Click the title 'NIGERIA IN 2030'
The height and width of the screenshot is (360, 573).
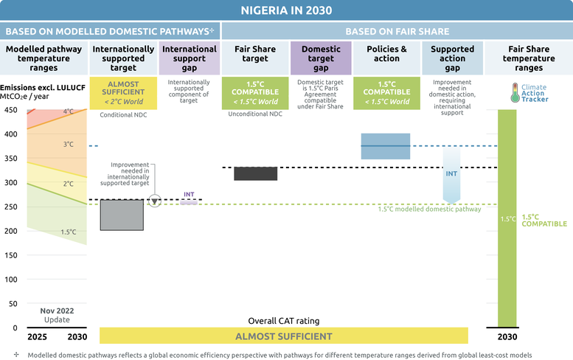[x=286, y=10]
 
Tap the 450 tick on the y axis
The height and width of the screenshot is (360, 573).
[x=10, y=110]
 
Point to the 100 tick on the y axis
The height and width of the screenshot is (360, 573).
[x=10, y=280]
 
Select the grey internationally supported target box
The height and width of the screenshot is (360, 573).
[x=122, y=215]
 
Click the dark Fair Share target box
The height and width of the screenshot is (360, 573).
[x=255, y=173]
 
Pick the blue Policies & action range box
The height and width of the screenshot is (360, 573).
[x=386, y=146]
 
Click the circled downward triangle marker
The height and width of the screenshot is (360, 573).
[x=155, y=201]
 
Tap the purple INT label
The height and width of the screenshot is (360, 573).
[x=189, y=195]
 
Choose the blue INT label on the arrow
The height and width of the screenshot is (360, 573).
[x=451, y=173]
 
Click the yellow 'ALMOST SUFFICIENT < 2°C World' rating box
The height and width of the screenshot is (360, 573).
[x=123, y=93]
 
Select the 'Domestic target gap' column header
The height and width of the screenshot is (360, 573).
[x=321, y=58]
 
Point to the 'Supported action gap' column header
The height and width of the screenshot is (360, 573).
[x=452, y=58]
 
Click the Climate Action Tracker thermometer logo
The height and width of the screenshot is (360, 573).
[x=515, y=92]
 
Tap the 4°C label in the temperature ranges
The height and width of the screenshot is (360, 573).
[x=69, y=111]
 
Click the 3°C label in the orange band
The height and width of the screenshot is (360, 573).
[x=69, y=145]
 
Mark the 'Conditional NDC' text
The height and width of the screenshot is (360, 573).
[x=123, y=115]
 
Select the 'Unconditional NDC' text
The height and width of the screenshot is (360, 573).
[x=255, y=114]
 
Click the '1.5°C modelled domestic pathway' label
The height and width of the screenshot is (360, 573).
[x=429, y=209]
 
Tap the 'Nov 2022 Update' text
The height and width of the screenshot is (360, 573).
[x=57, y=315]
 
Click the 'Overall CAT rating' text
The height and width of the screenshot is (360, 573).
[x=284, y=321]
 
